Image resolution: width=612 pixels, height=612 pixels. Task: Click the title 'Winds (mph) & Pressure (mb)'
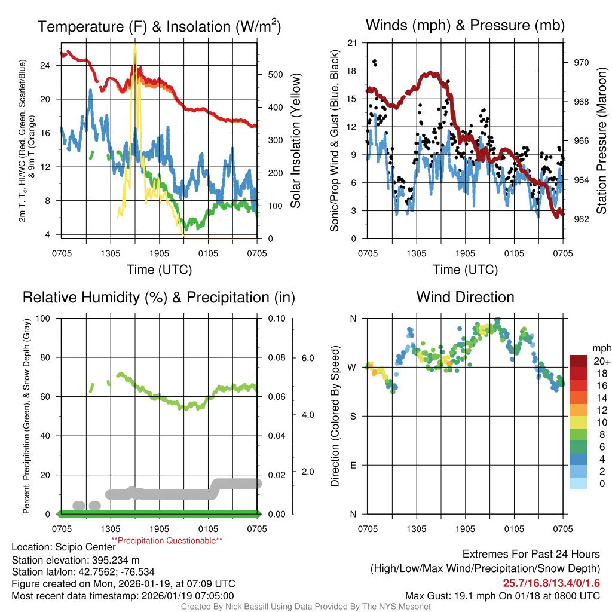click(465, 25)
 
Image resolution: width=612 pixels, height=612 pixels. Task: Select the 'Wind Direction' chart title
click(465, 296)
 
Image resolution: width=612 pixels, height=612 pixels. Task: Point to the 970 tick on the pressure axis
click(582, 62)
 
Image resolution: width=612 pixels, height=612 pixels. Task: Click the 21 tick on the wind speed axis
click(352, 43)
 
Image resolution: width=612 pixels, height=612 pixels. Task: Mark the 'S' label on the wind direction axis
click(352, 416)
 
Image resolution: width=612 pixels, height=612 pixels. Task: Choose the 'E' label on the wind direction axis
click(352, 465)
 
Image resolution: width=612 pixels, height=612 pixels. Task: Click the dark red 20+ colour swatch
click(580, 361)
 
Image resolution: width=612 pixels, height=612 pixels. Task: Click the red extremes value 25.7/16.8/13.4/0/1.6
click(551, 582)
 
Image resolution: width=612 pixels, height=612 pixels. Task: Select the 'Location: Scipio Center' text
click(63, 547)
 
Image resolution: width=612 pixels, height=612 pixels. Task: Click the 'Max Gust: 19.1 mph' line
click(502, 595)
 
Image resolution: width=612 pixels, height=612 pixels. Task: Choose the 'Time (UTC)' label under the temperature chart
click(159, 270)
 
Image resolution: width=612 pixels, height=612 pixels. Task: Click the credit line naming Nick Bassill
click(306, 607)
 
